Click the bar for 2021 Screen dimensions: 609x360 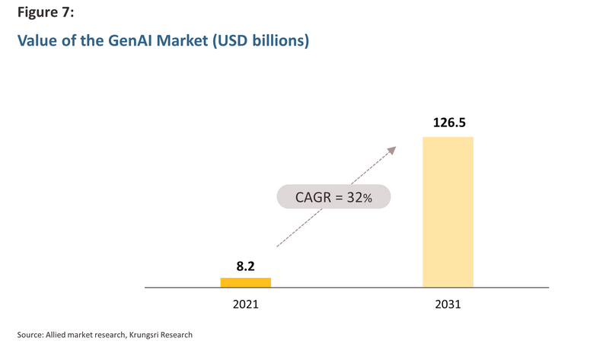coord(245,282)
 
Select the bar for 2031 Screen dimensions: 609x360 coord(448,212)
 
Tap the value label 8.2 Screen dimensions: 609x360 coord(245,266)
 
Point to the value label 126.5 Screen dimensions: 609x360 coord(449,123)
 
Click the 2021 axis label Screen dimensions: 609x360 coord(245,304)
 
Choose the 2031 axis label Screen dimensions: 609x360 coord(448,304)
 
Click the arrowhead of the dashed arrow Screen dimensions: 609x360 coord(392,150)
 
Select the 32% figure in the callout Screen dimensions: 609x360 coord(359,197)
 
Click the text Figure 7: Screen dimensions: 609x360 coord(46,12)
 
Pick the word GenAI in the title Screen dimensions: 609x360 coord(130,40)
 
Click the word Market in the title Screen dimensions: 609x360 coord(182,40)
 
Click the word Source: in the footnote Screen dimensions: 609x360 coord(30,335)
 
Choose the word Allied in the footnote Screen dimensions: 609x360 coord(56,335)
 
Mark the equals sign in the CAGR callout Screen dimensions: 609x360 coord(339,198)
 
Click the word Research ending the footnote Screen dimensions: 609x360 coord(177,335)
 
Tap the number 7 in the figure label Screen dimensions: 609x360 coord(65,12)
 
